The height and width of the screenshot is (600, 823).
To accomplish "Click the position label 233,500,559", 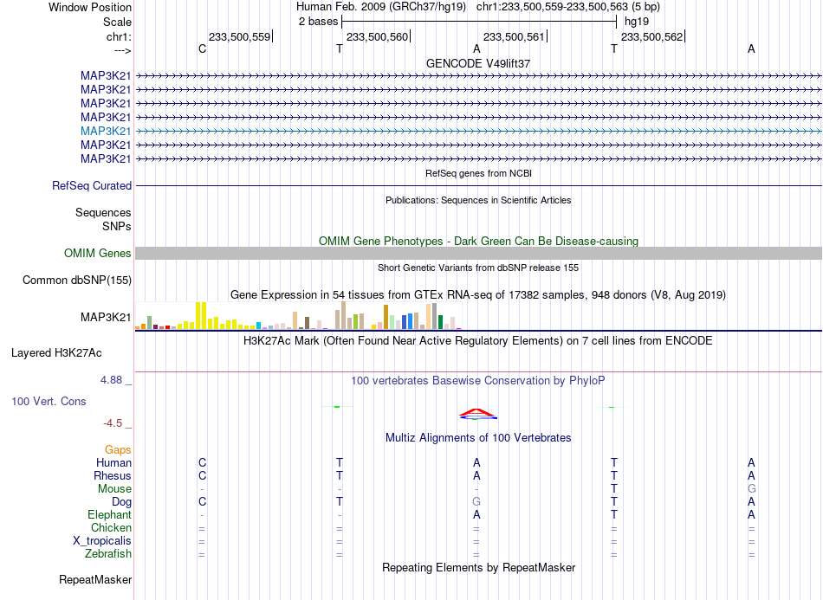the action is pos(239,36).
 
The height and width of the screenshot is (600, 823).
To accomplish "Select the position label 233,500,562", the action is pos(651,36).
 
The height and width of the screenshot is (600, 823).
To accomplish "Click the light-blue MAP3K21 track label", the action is pos(106,131).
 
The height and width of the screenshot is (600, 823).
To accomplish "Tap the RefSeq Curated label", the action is pos(92,185).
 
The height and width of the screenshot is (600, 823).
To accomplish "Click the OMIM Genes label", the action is pos(98,254).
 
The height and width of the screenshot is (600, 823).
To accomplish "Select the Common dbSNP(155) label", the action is pos(77,280).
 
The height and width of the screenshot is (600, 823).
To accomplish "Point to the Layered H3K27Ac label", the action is pos(56,353).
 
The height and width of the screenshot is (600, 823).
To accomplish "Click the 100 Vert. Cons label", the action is pos(49,401).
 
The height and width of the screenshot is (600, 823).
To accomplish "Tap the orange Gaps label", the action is pos(118,450).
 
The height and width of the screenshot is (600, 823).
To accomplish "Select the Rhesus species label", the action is pos(113,475).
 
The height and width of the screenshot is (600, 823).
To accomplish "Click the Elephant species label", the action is pos(110,514).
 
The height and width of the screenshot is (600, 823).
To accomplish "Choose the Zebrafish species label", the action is pos(108,554).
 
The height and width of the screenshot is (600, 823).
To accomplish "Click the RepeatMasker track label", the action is pos(95,579).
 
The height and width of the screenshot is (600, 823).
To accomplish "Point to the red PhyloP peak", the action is pos(477,412).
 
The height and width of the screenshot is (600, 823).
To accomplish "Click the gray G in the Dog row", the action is pos(476,502).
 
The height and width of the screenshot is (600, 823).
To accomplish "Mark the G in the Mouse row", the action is pos(752,489).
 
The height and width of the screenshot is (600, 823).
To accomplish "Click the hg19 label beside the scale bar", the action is pos(637,22).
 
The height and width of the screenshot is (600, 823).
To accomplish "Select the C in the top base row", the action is pos(203,48).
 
